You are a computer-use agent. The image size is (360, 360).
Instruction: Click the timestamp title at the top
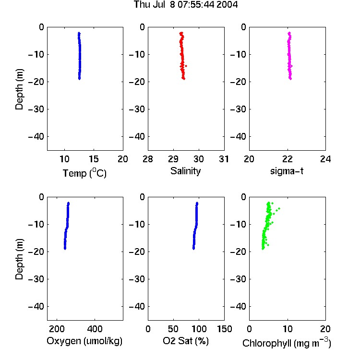[x=186, y=5]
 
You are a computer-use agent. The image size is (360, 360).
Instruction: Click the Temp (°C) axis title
[x=84, y=173]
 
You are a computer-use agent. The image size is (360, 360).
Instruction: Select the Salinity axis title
[x=185, y=171]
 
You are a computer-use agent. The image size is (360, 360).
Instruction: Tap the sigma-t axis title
[x=287, y=171]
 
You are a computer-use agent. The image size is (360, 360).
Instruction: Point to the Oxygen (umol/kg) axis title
[x=84, y=341]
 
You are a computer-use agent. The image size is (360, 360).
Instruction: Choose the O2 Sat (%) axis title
[x=185, y=341]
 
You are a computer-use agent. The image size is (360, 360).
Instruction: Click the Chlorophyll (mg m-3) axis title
[x=287, y=343]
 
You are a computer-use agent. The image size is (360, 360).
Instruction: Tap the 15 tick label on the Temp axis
[x=94, y=159]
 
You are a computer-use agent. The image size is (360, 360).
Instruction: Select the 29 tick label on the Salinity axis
[x=173, y=159]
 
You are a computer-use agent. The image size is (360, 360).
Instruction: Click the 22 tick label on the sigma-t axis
[x=287, y=159]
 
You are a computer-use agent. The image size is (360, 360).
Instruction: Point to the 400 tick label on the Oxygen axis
[x=95, y=329]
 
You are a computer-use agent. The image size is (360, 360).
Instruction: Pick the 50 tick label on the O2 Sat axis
[x=173, y=329]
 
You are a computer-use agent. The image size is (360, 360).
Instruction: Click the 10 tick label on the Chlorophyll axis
[x=287, y=329]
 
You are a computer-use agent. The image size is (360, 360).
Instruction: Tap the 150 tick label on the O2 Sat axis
[x=224, y=329]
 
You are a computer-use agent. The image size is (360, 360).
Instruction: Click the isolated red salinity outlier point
[x=186, y=66]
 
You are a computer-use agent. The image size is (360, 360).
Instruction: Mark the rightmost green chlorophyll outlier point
[x=279, y=208]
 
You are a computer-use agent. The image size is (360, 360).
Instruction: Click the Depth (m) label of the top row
[x=19, y=89]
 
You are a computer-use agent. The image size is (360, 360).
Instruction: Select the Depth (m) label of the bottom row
[x=19, y=259]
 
